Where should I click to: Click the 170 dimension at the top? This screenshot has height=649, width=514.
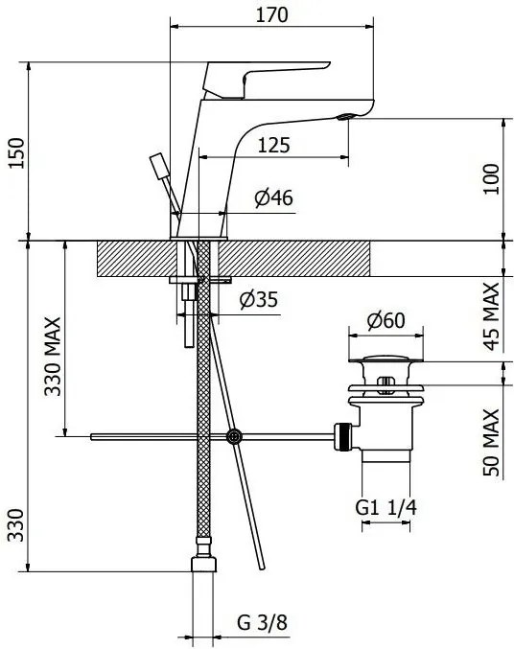tap(271, 15)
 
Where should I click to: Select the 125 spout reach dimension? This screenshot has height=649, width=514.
tap(273, 146)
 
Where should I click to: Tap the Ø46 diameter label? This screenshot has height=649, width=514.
tap(273, 197)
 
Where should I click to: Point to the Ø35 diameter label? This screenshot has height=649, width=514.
tap(259, 299)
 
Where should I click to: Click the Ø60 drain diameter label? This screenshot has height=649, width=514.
tap(386, 320)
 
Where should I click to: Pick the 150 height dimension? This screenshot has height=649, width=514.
tap(17, 152)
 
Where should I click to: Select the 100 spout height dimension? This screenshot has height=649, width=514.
tap(492, 179)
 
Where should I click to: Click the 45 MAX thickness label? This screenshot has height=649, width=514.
tap(492, 316)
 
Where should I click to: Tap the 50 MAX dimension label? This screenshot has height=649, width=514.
tap(492, 443)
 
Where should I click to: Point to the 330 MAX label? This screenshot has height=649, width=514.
tap(53, 357)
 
